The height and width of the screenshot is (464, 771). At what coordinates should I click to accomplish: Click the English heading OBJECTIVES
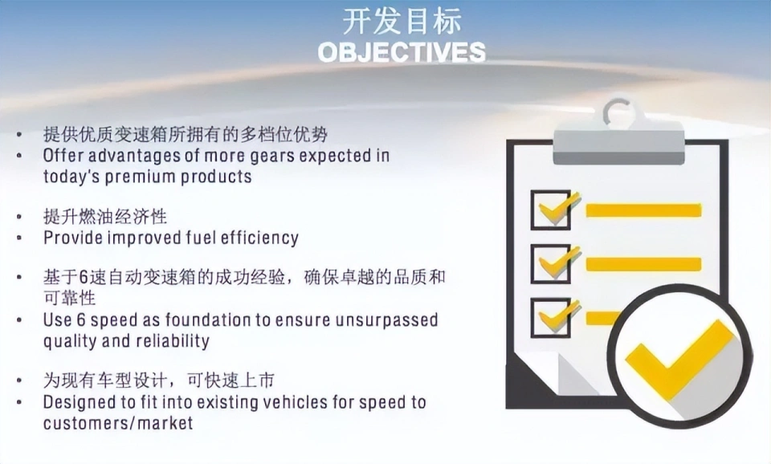tap(402, 52)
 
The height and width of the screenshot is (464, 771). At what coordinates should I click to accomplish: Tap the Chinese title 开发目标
tap(402, 22)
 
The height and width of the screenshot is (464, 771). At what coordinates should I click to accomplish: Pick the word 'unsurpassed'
tap(386, 320)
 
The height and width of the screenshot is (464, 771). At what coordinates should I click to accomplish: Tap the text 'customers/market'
tap(118, 423)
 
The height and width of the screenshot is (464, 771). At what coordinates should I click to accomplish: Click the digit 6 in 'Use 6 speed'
tap(82, 320)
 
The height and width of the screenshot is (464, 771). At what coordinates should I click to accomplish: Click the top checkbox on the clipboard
tap(551, 210)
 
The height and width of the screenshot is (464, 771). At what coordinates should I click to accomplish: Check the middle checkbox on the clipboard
tap(551, 263)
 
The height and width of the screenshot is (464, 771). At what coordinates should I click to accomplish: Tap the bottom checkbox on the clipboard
tap(551, 317)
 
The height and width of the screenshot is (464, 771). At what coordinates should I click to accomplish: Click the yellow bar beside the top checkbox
tap(643, 210)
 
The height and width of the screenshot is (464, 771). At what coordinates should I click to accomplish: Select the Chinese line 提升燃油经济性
tap(105, 217)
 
